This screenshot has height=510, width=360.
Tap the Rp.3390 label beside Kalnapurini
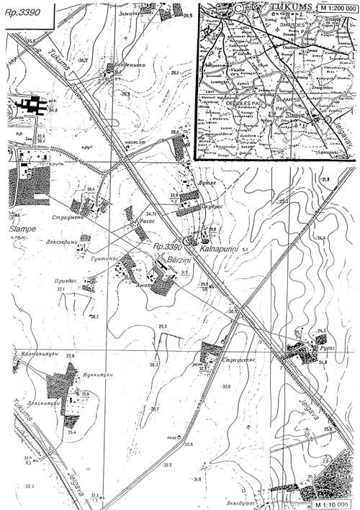click(x=168, y=247)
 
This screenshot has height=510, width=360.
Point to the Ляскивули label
click(x=36, y=403)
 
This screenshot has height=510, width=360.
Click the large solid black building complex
click(x=32, y=109)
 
